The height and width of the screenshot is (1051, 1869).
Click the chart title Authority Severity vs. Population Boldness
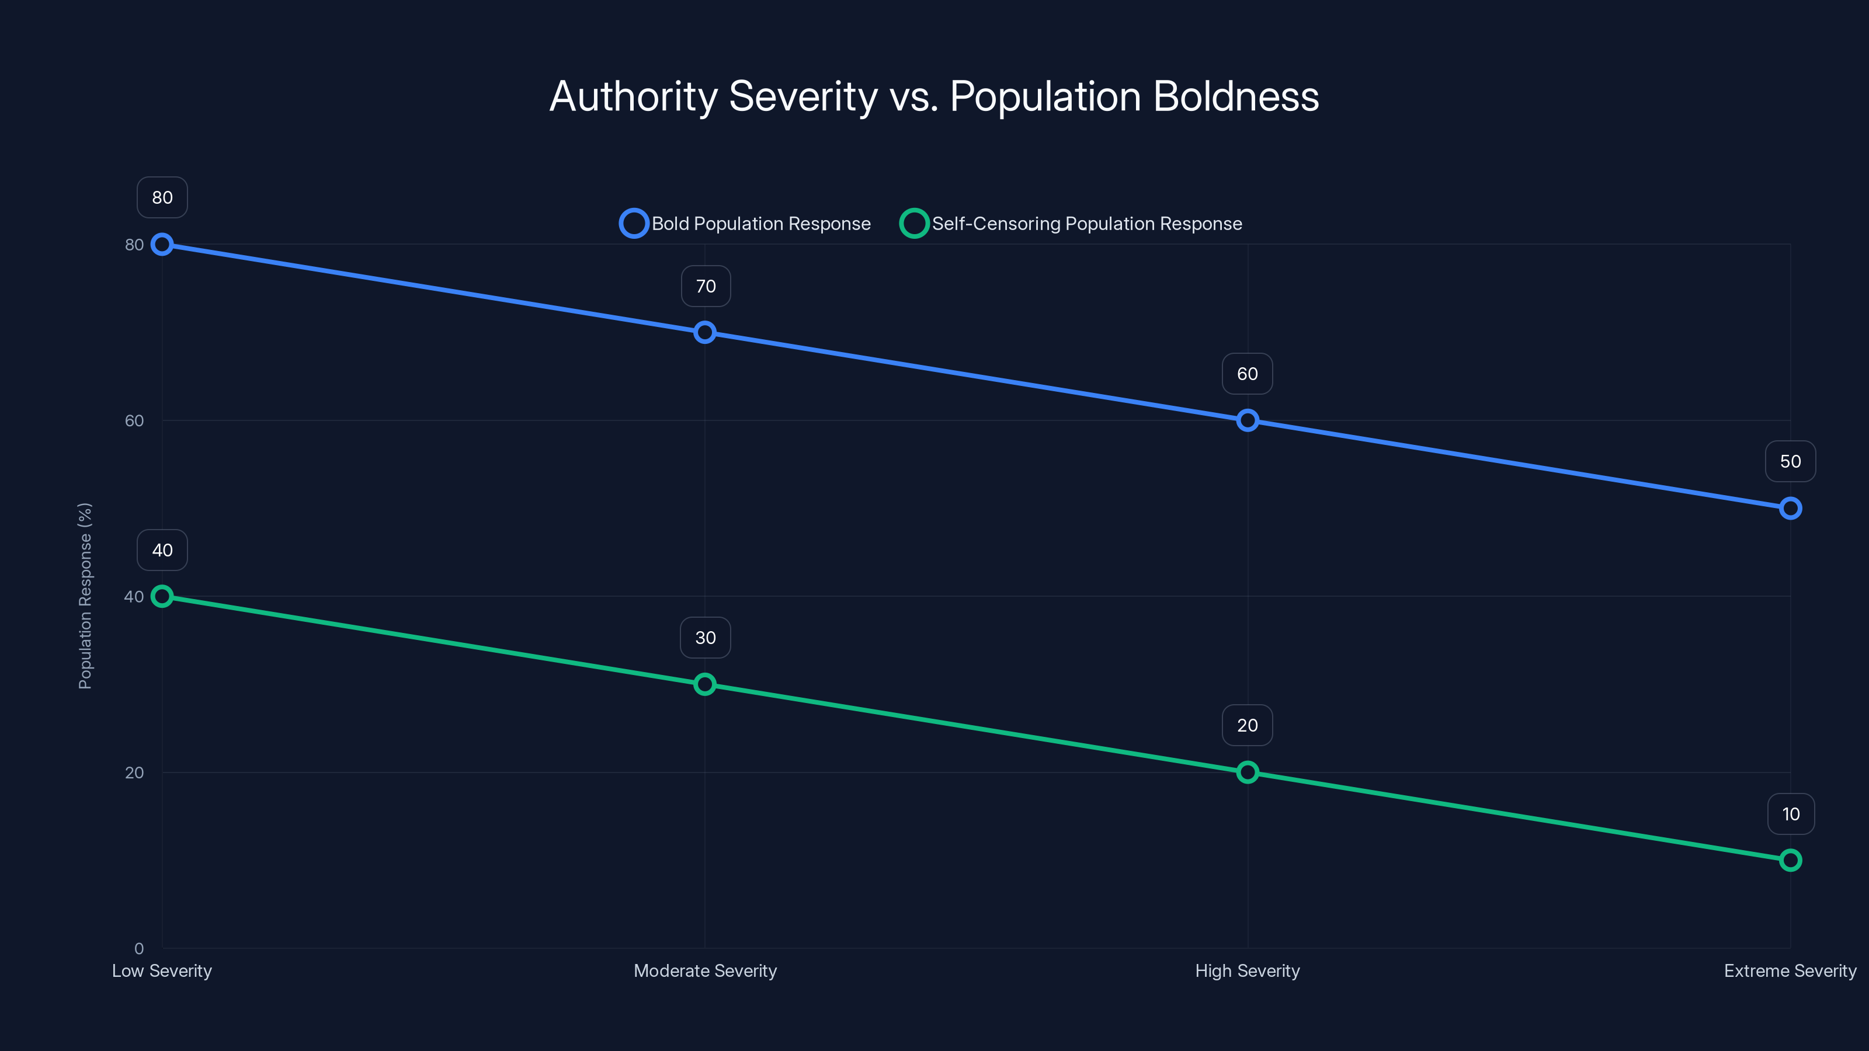[x=934, y=96]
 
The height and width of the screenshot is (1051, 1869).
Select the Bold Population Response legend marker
[x=633, y=224]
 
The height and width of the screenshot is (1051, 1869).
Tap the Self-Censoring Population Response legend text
[x=1086, y=224]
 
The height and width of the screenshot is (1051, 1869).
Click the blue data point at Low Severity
[x=162, y=245]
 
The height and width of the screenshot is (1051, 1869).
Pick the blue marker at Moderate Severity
[x=704, y=333]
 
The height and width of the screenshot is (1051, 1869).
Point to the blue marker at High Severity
[x=1247, y=420]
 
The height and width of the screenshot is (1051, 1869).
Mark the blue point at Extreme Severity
[x=1790, y=509]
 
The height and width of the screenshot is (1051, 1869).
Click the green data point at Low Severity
[x=162, y=596]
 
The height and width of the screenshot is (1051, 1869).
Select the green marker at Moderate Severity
[x=704, y=684]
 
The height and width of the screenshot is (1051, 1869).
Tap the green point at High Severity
[x=1247, y=772]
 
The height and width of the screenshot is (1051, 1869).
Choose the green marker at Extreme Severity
[x=1790, y=860]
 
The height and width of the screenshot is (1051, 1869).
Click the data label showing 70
[x=705, y=287]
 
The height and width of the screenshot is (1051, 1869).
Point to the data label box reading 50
[x=1790, y=461]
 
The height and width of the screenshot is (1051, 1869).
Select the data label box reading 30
[x=705, y=638]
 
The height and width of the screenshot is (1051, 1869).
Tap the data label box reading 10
[x=1790, y=814]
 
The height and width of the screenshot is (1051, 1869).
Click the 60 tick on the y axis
[x=134, y=420]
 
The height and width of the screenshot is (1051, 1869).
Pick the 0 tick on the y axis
[x=138, y=948]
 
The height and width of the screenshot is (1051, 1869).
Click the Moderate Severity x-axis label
[x=704, y=970]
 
